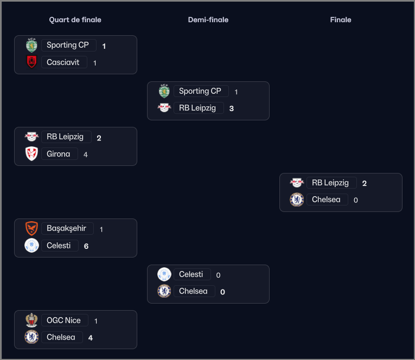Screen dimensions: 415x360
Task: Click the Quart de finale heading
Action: pyautogui.click(x=75, y=20)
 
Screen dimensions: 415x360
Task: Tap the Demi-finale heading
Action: pyautogui.click(x=208, y=20)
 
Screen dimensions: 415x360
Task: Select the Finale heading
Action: pyautogui.click(x=341, y=20)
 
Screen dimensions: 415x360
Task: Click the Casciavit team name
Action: pyautogui.click(x=63, y=62)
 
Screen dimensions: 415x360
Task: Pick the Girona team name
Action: pyautogui.click(x=58, y=153)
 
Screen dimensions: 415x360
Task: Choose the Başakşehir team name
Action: pyautogui.click(x=66, y=228)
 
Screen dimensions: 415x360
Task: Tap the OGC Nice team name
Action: pyautogui.click(x=63, y=320)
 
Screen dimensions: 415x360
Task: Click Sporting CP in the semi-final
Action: pyautogui.click(x=200, y=91)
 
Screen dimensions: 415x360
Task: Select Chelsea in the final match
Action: pyautogui.click(x=326, y=200)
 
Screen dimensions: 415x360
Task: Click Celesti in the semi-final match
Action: pyautogui.click(x=191, y=274)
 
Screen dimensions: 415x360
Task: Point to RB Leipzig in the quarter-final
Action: pyautogui.click(x=65, y=137)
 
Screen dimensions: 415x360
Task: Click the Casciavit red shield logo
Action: pyautogui.click(x=32, y=62)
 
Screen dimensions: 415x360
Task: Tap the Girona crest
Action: pyautogui.click(x=31, y=153)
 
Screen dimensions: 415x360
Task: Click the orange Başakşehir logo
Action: pyautogui.click(x=31, y=228)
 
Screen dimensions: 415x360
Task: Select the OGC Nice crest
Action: pyautogui.click(x=31, y=320)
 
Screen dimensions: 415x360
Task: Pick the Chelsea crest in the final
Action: pyautogui.click(x=297, y=200)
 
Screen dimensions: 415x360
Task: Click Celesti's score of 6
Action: pyautogui.click(x=86, y=246)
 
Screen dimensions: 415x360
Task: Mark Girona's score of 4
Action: pyautogui.click(x=86, y=155)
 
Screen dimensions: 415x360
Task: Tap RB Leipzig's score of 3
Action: pyautogui.click(x=231, y=108)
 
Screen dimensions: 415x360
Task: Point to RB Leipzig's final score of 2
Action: pyautogui.click(x=364, y=183)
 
